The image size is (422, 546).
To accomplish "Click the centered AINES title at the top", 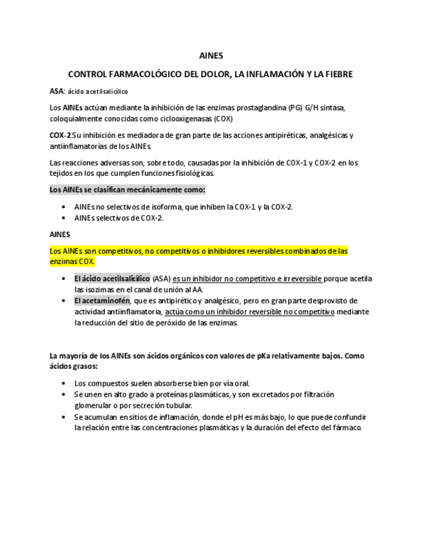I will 211,56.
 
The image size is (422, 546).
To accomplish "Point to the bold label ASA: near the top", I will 57,91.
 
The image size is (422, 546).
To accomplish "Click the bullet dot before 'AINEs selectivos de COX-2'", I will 63,218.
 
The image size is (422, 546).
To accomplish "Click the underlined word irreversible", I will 298,279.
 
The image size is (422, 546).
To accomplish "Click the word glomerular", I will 95,406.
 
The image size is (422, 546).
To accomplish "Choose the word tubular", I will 178,406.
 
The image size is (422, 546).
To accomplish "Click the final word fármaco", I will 347,428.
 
